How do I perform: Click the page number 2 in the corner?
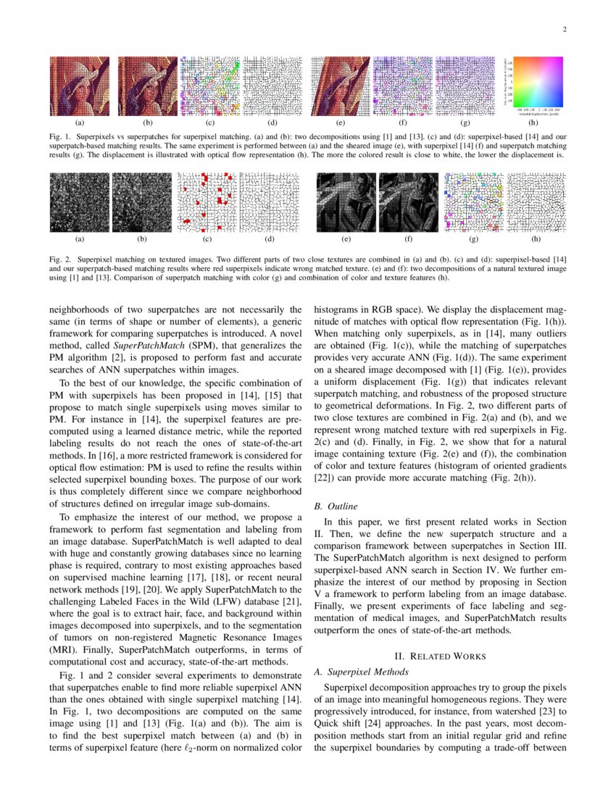pyautogui.click(x=563, y=30)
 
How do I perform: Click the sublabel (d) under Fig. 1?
pyautogui.click(x=270, y=124)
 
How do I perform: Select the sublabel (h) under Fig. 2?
pyautogui.click(x=536, y=239)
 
